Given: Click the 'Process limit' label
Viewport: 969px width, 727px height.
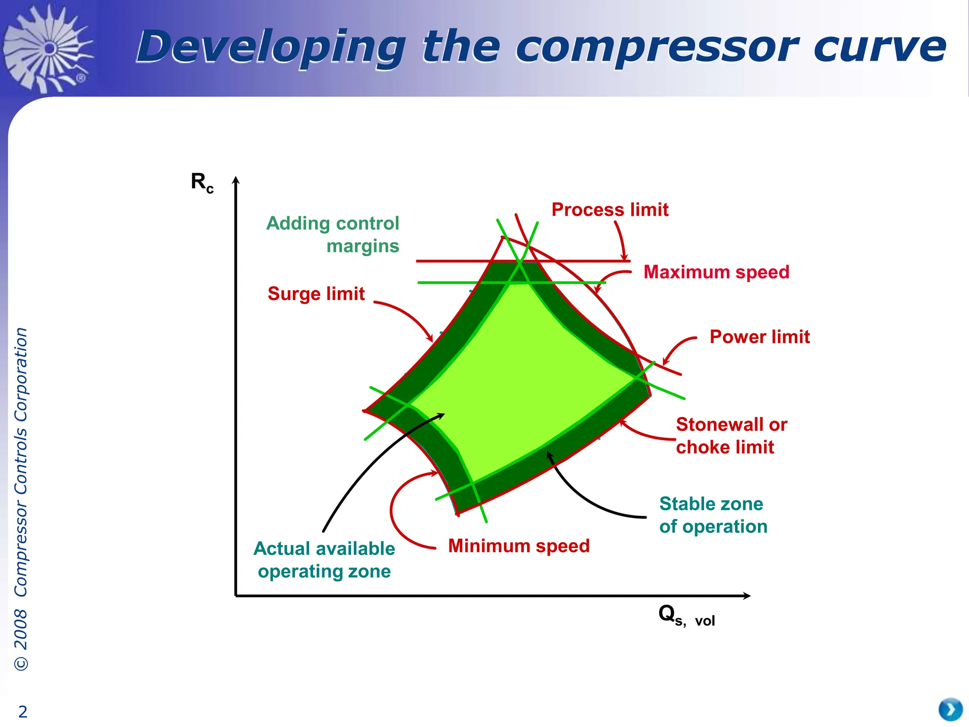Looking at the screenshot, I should (x=610, y=210).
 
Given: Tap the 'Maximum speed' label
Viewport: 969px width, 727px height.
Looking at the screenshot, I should (x=716, y=272).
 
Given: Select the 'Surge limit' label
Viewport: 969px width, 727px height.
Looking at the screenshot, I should (x=316, y=294).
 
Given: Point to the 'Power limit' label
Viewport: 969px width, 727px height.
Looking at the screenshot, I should (x=759, y=337).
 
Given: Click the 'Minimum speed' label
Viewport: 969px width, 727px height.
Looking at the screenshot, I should (x=519, y=546).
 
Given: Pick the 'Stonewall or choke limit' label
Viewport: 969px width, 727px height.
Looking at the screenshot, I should (x=731, y=436).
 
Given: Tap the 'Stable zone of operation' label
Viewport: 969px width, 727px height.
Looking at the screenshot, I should (x=713, y=515).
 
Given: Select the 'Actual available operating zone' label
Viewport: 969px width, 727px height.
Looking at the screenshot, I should (x=325, y=560).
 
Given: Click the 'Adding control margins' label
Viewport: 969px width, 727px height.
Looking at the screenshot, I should (x=333, y=235).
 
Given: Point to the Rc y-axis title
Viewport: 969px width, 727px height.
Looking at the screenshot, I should (x=202, y=182).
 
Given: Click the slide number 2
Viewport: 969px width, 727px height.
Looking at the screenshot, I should (x=23, y=711).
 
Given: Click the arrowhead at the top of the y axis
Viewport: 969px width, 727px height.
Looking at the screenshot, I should (x=236, y=180).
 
